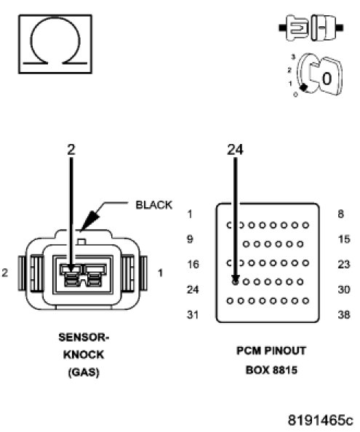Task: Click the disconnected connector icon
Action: point(311,28)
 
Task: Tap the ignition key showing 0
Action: point(319,75)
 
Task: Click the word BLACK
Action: point(154,205)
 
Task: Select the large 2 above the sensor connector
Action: point(71,150)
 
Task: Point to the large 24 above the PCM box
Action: point(235,150)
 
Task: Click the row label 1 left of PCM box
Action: point(190,214)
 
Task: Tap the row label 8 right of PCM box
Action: point(341,214)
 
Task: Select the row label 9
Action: point(190,239)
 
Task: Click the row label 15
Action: point(344,239)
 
